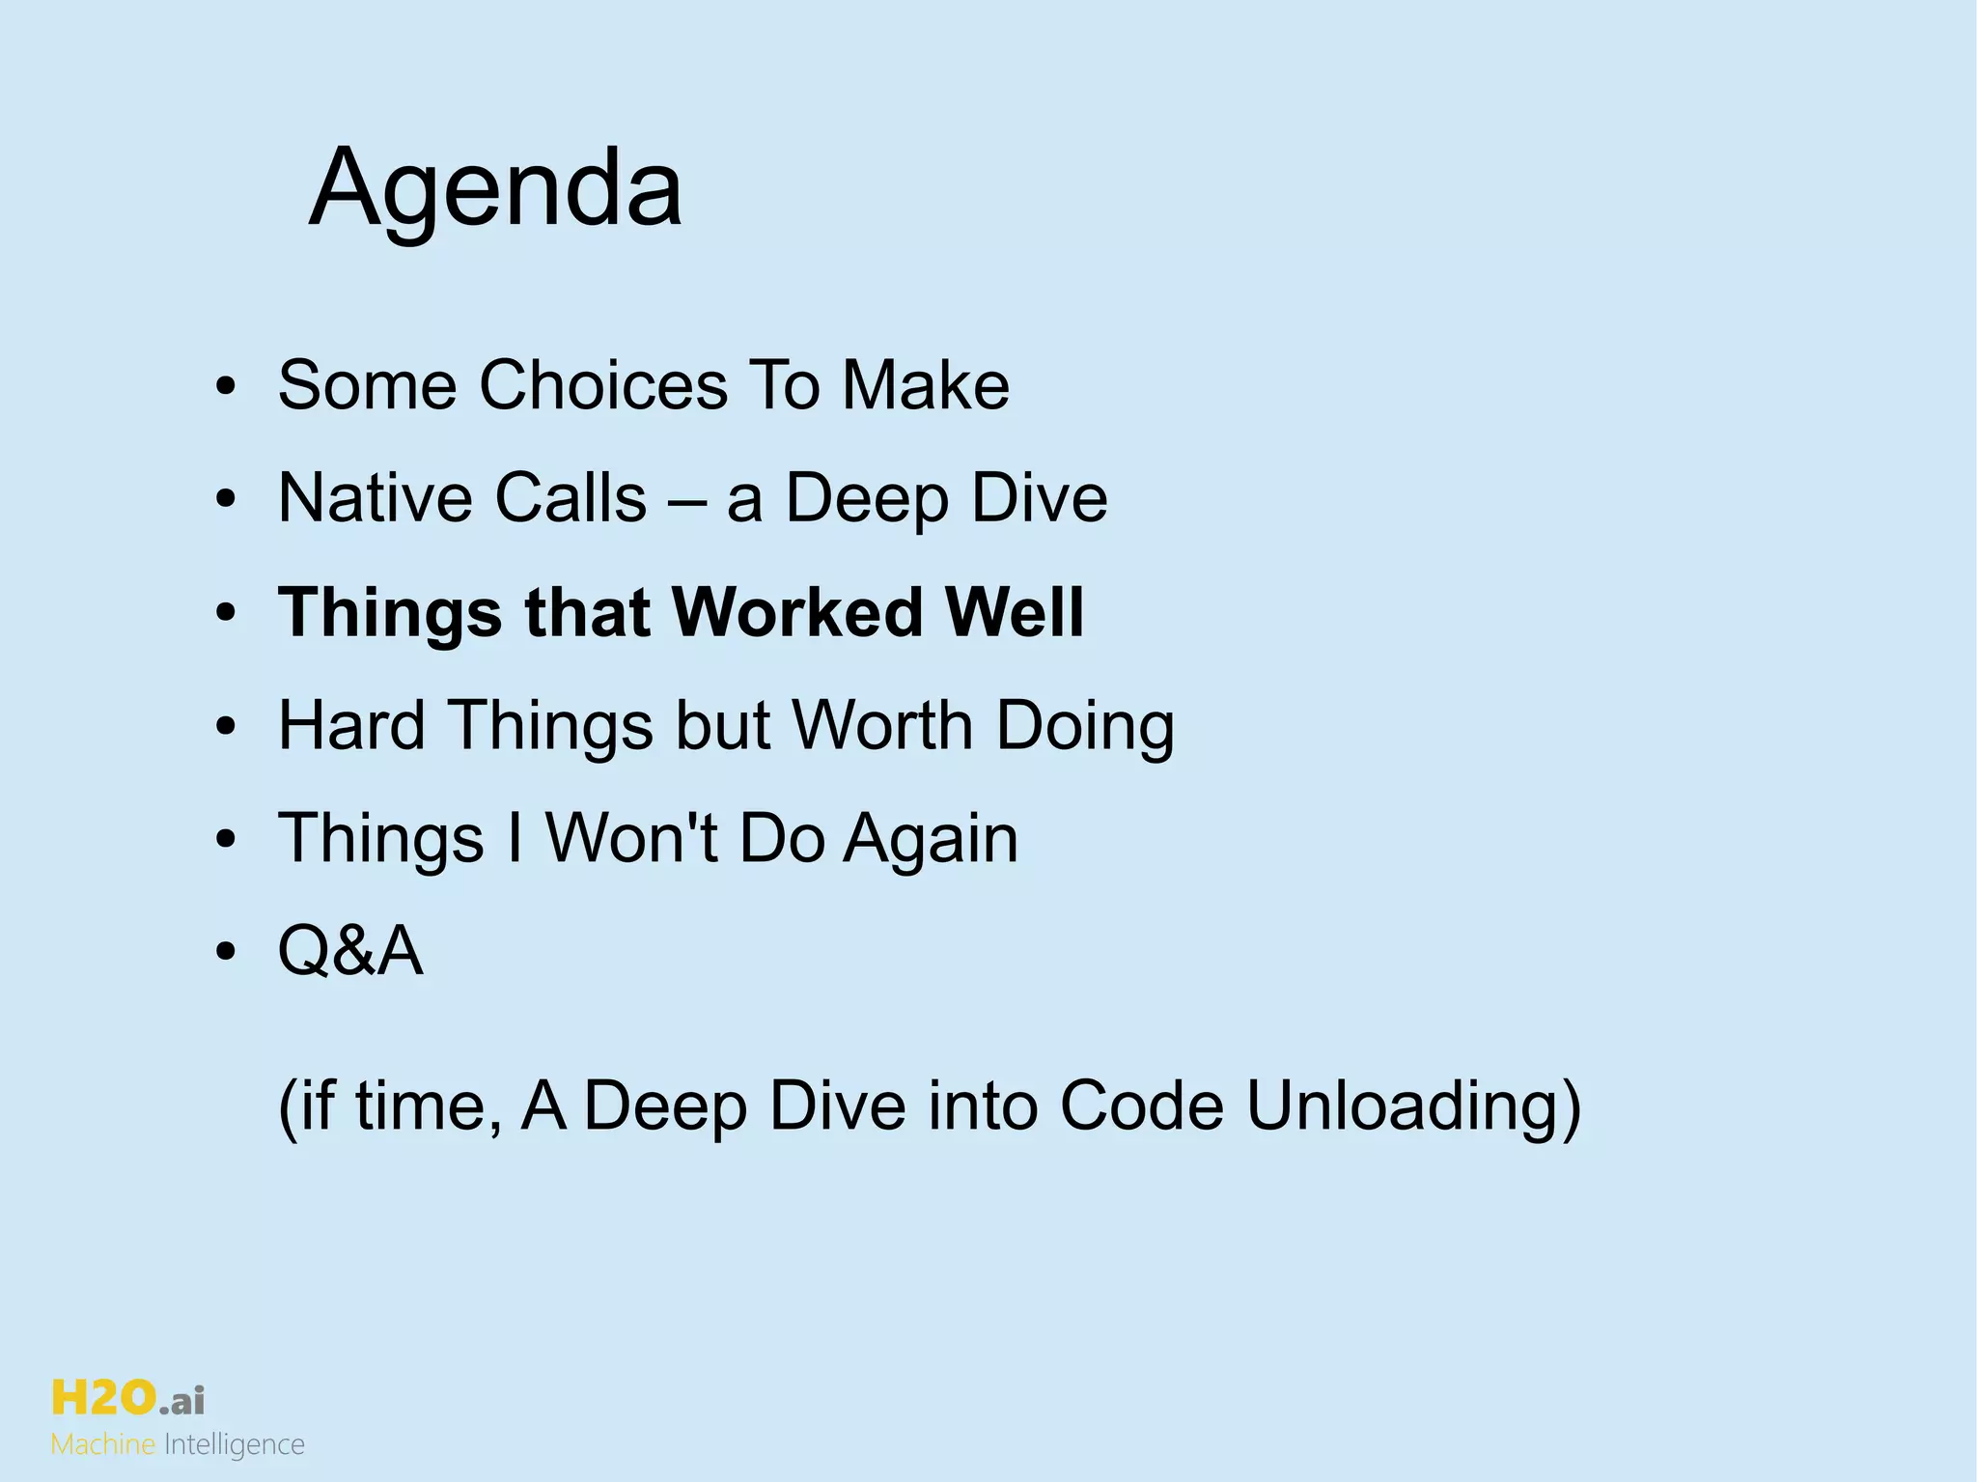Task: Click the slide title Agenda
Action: click(x=495, y=187)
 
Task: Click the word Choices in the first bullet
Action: click(x=602, y=385)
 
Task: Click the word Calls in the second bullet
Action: click(x=571, y=498)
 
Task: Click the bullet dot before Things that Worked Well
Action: click(x=226, y=614)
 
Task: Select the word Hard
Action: click(x=351, y=725)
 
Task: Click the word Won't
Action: click(x=631, y=838)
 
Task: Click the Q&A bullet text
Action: click(x=350, y=951)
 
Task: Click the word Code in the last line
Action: click(x=1141, y=1105)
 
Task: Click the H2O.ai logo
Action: click(x=127, y=1398)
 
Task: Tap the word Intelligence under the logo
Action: click(x=235, y=1445)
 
